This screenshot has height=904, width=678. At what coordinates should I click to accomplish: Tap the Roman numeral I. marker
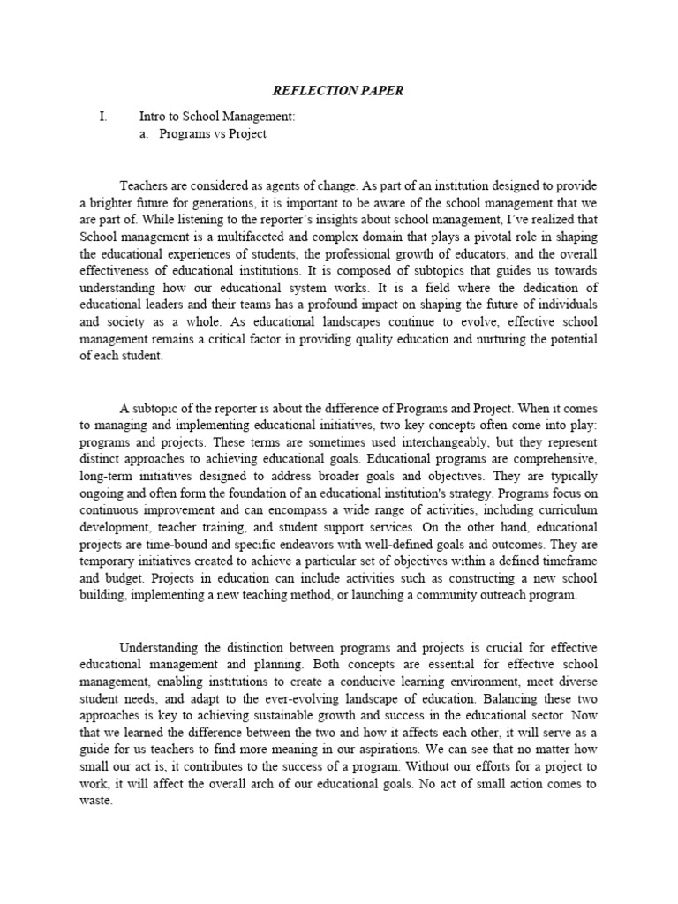103,116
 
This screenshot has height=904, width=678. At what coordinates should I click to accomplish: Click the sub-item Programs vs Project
213,134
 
